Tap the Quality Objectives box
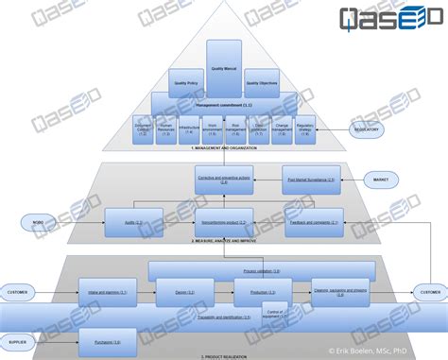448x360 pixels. [260, 82]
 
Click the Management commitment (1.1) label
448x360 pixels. [223, 105]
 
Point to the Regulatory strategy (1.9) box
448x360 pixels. [304, 129]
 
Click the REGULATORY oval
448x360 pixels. [367, 129]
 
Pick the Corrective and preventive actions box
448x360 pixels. [224, 179]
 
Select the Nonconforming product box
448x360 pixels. [223, 223]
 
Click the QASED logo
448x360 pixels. [389, 19]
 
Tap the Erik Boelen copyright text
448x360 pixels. [388, 350]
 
